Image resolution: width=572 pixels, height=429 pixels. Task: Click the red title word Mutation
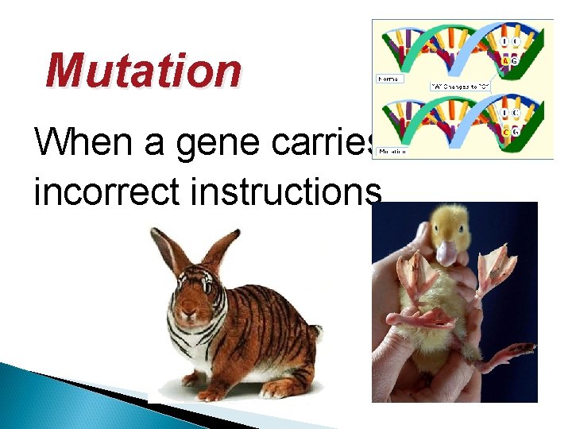click(143, 70)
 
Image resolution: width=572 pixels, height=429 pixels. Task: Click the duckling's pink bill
click(446, 253)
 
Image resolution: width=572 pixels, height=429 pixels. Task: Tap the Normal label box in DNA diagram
click(389, 79)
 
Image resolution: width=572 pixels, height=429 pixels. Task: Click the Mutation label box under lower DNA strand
click(391, 150)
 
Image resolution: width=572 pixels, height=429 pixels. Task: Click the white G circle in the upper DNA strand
click(516, 60)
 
